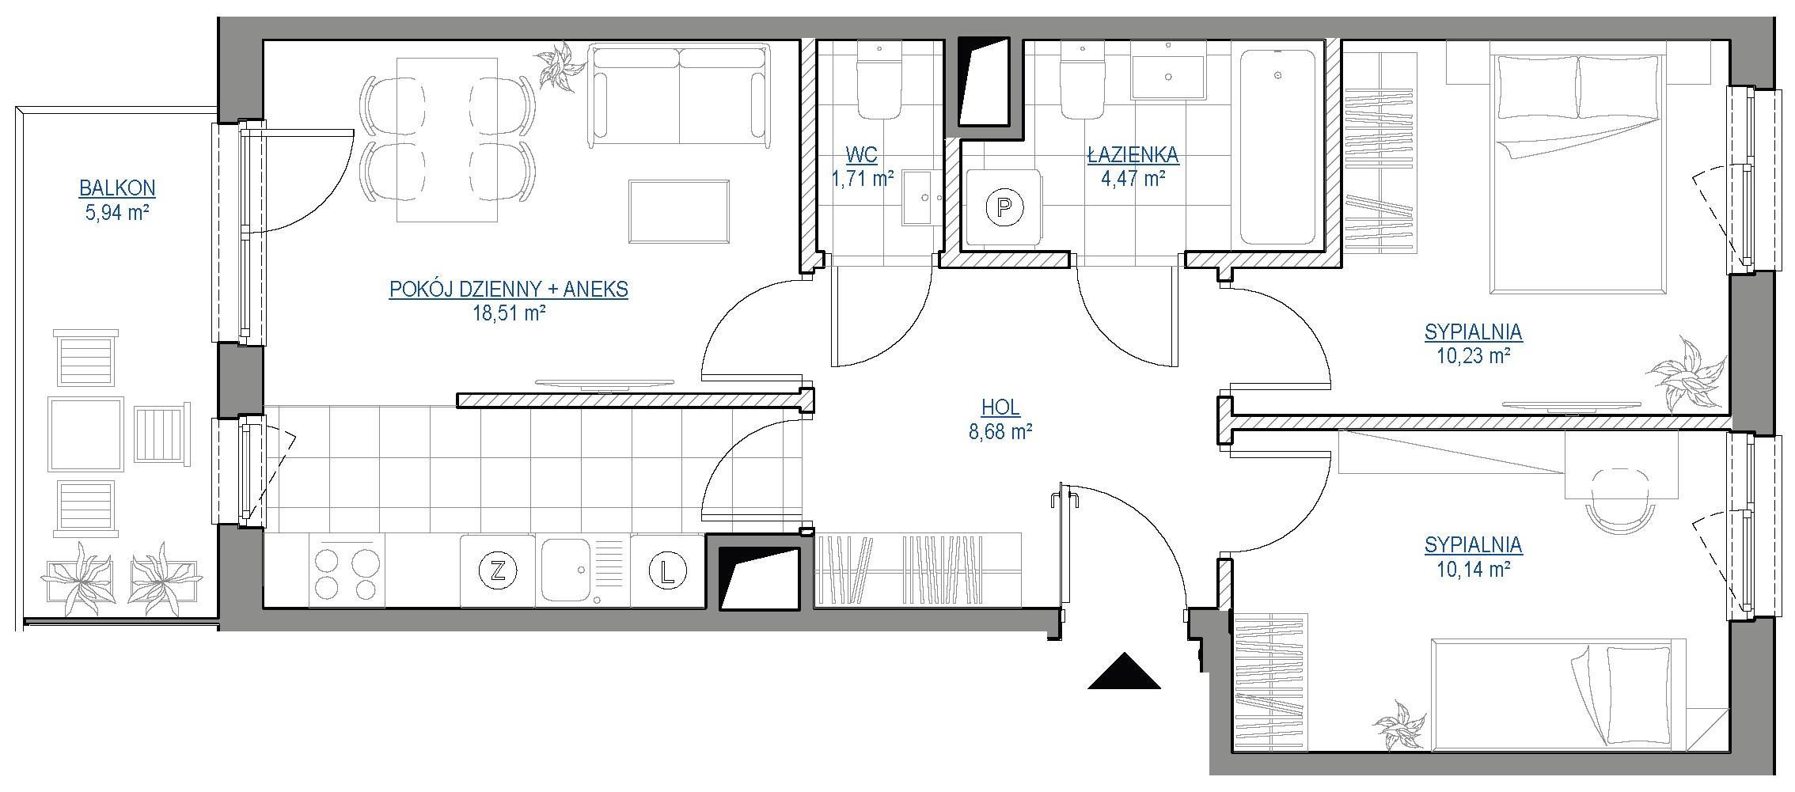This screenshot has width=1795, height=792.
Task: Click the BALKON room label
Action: point(117,188)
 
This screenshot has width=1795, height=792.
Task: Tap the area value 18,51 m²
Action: point(509,313)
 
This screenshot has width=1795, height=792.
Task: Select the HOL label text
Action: point(1000,407)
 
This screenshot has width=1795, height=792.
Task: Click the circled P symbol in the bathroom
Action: point(1004,208)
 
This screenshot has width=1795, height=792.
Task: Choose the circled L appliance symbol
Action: point(667,570)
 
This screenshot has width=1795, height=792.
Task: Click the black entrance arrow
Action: point(1124,671)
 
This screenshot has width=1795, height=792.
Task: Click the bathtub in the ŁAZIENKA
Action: point(1277,147)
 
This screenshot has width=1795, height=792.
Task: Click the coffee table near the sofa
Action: point(679,212)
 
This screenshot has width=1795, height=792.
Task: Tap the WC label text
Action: point(861,154)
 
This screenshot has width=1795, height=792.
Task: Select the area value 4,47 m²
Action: point(1133,179)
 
